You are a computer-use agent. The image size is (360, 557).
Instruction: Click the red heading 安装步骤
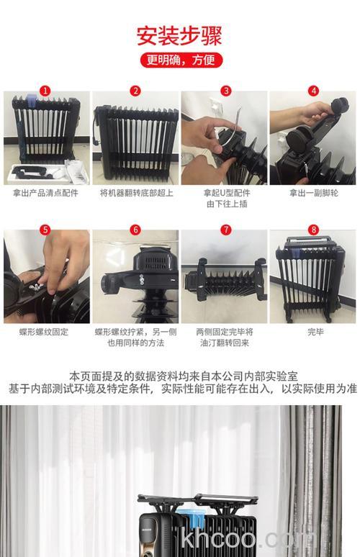pos(179,35)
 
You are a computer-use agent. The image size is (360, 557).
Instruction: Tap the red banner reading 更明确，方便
pos(180,60)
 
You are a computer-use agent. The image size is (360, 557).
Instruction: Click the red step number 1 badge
pos(46,91)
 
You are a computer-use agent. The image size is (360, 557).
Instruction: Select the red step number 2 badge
pos(135,91)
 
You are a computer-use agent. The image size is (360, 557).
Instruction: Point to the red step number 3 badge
pos(225,91)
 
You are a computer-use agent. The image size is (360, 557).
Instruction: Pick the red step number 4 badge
pos(313,91)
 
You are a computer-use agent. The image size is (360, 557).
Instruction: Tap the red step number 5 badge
pos(46,230)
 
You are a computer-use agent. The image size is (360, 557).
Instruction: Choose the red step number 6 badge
pos(135,230)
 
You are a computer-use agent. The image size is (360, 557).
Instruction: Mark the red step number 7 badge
pos(225,230)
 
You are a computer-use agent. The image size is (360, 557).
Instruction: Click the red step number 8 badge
pos(313,230)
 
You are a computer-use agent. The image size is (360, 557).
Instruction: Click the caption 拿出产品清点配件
pos(46,193)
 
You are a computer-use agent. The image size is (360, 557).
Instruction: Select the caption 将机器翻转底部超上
pos(135,193)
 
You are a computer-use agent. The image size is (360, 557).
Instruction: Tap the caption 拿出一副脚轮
pos(313,193)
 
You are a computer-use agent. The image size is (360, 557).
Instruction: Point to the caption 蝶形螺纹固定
pos(46,332)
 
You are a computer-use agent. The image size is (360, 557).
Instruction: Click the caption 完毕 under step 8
pos(313,332)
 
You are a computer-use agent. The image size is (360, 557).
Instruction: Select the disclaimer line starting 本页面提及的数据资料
pos(180,376)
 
